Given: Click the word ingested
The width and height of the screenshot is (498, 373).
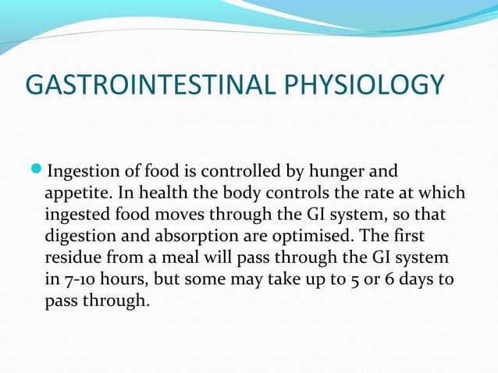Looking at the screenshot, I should point(76,214).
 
